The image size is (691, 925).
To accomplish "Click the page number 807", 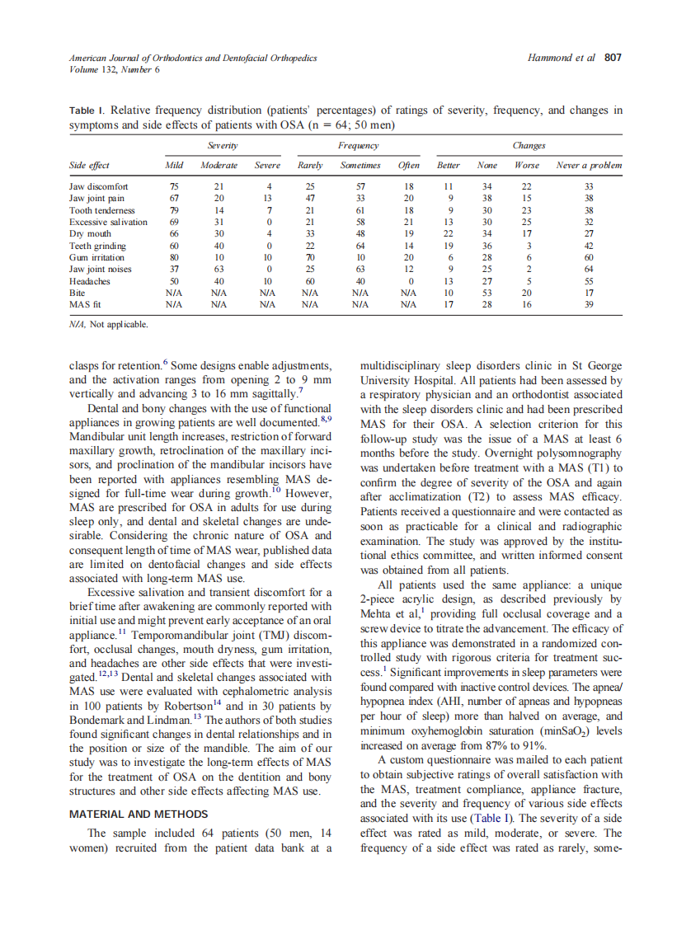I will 612,58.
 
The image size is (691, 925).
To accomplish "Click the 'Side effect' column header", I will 89,166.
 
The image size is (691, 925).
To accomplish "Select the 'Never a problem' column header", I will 589,166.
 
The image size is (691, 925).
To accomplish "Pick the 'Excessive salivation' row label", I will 108,222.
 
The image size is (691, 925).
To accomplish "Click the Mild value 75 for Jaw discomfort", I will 174,186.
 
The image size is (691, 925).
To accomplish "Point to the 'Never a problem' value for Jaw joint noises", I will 588,269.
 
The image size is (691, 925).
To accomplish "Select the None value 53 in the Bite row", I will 487,293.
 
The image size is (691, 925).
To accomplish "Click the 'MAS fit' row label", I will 85,304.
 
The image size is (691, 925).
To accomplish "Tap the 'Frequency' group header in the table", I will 359,145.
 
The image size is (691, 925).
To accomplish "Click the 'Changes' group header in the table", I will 529,145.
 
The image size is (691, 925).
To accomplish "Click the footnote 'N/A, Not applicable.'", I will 108,325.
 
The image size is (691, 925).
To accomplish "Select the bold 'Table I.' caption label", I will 87,111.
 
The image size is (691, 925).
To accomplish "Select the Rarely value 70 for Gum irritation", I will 309,257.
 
